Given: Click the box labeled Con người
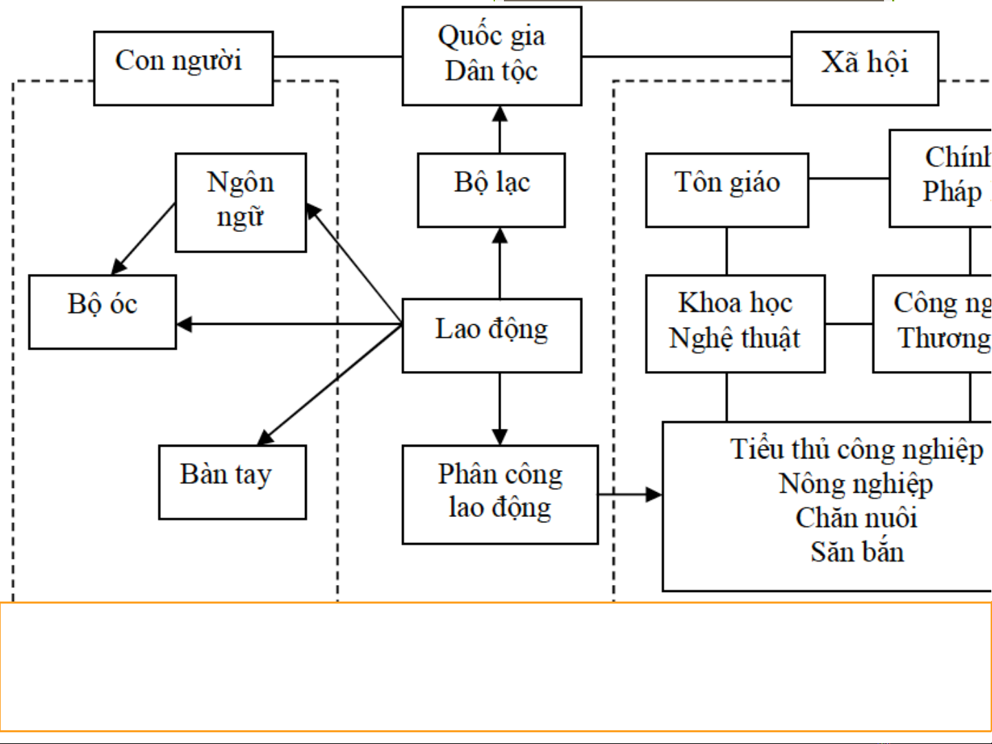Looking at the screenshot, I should tap(183, 68).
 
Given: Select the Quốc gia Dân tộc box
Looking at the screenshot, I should tap(492, 56).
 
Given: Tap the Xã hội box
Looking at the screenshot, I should tap(865, 68).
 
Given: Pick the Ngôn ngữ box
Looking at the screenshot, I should tap(240, 202).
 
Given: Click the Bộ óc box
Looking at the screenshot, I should tap(103, 312).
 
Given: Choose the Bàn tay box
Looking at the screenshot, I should tap(232, 482).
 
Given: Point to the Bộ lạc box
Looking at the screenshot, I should tap(491, 190).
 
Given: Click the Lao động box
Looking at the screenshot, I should tap(492, 335).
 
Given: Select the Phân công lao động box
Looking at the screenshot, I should tap(500, 494).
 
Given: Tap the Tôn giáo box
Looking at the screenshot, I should tap(727, 190).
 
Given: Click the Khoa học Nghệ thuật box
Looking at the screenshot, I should tap(735, 323).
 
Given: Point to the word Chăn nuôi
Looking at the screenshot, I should tap(856, 518).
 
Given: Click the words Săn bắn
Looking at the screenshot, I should tap(856, 552).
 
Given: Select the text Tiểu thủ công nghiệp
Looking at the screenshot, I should tap(856, 449).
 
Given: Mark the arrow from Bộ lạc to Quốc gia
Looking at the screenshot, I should tap(500, 129).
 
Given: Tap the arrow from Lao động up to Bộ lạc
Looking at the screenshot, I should tap(500, 263).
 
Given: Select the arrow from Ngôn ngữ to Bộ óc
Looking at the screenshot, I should tap(143, 239).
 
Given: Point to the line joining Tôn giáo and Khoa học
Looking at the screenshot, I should tap(727, 251).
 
